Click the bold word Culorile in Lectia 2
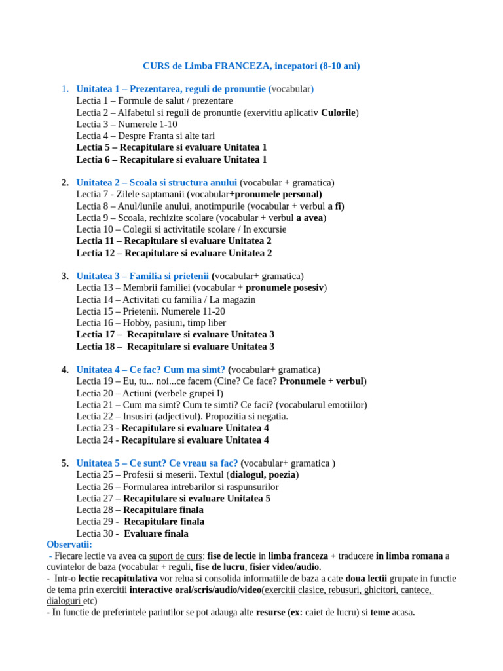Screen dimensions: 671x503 [x=338, y=113]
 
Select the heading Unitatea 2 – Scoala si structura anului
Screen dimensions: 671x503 [x=157, y=182]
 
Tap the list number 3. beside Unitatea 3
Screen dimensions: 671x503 [x=65, y=276]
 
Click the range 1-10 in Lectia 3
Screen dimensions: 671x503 [x=165, y=125]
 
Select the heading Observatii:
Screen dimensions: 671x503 [x=69, y=545]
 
